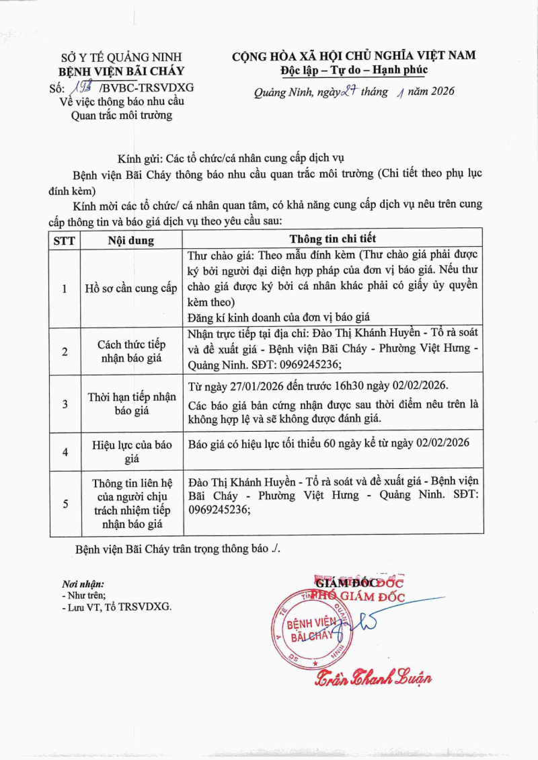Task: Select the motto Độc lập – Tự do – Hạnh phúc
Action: click(x=354, y=70)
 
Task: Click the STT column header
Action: click(x=65, y=240)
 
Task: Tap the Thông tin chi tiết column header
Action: click(x=333, y=239)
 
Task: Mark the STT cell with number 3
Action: click(x=65, y=404)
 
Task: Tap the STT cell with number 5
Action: click(x=65, y=503)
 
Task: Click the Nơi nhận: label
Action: click(x=83, y=584)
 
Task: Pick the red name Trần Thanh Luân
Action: click(x=374, y=677)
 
